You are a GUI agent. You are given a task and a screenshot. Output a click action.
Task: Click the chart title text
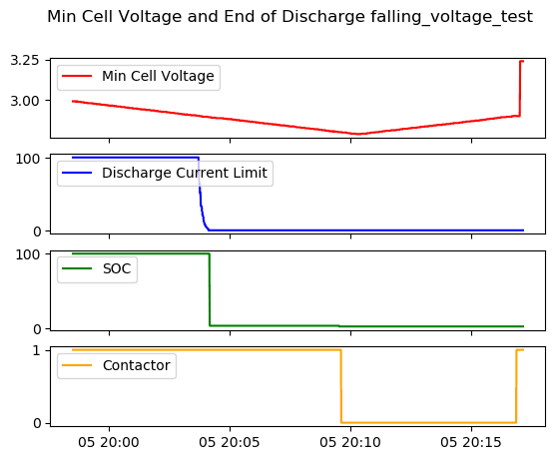tap(290, 17)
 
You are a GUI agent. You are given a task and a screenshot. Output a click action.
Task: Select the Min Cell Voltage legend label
tap(158, 76)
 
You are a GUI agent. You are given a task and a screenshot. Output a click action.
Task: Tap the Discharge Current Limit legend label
tap(185, 173)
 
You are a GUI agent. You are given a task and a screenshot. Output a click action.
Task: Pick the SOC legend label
tap(117, 268)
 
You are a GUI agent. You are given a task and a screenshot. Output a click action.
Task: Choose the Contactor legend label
tap(137, 365)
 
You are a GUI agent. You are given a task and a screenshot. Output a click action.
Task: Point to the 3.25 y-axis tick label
tap(25, 61)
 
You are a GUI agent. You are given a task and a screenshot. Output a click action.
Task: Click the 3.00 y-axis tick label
tap(25, 101)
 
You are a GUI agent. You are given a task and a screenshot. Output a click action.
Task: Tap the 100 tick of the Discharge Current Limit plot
tap(27, 159)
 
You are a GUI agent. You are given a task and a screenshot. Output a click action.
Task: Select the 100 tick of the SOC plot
tap(27, 254)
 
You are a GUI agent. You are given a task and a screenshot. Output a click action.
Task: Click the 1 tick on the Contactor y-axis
tap(36, 351)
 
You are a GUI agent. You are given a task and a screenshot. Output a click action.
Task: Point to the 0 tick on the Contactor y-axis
tap(37, 423)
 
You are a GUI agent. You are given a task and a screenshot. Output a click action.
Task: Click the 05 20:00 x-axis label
tap(109, 443)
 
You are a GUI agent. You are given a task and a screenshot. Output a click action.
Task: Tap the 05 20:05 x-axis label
tap(230, 443)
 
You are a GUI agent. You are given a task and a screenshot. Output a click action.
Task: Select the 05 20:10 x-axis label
tap(350, 443)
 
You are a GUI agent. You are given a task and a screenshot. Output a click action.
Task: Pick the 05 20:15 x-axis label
tap(471, 443)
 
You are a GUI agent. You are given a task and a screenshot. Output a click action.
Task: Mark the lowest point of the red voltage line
tap(357, 134)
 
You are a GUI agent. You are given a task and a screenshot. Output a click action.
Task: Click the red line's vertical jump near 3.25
tap(520, 88)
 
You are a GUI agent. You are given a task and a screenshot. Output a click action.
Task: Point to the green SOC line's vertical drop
tap(210, 289)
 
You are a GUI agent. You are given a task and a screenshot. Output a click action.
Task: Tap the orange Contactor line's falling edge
tap(341, 386)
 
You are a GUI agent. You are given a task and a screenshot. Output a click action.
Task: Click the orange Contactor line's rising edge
tap(516, 386)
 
